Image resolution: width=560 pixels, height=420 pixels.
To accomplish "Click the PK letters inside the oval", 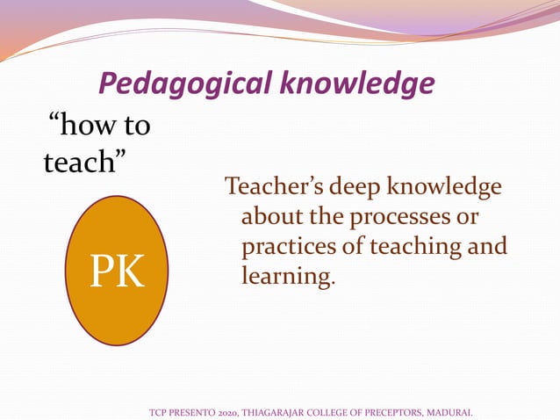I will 117,272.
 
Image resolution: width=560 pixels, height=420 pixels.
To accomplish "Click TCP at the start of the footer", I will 159,410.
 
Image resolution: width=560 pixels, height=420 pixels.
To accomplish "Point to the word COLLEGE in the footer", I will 333,410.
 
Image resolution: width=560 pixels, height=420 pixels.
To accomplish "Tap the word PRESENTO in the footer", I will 190,410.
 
